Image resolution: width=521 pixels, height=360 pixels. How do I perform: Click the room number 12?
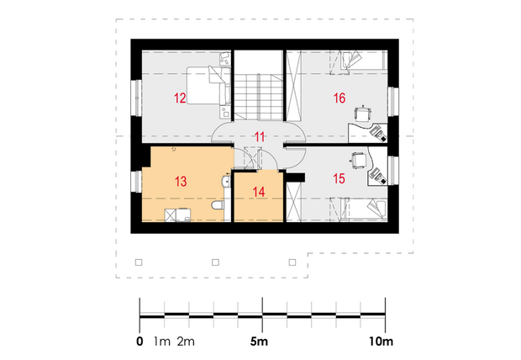point(180,98)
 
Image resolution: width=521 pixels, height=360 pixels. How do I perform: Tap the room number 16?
point(339,98)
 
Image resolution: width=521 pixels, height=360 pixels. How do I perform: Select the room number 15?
point(339,178)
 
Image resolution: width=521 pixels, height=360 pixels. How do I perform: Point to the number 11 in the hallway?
point(260,137)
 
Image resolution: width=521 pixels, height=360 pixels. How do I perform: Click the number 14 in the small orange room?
point(259,192)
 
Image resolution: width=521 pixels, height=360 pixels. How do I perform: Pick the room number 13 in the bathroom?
point(181,182)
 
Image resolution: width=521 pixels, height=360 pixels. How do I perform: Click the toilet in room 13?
point(218,205)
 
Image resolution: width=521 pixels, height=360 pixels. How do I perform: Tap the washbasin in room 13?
point(225,182)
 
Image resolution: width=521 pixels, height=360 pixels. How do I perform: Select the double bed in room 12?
point(208,86)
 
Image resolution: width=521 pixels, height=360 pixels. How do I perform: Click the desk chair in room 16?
point(362,114)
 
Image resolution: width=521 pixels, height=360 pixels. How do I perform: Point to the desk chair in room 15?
point(358,160)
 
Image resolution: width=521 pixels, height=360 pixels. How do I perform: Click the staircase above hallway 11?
point(259,98)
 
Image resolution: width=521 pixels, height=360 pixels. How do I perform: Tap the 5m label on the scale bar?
point(259,341)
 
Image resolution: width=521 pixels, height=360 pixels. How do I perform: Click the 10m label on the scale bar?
point(381,341)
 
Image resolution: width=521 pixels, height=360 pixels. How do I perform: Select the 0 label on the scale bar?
point(139,341)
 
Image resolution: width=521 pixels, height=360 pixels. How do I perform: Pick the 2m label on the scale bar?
point(186,341)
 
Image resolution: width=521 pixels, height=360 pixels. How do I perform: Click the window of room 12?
point(136,98)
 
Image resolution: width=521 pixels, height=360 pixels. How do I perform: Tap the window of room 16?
point(393,102)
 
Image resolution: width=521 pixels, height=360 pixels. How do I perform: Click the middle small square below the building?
point(215,262)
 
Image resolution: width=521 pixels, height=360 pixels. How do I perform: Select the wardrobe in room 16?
point(294,86)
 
